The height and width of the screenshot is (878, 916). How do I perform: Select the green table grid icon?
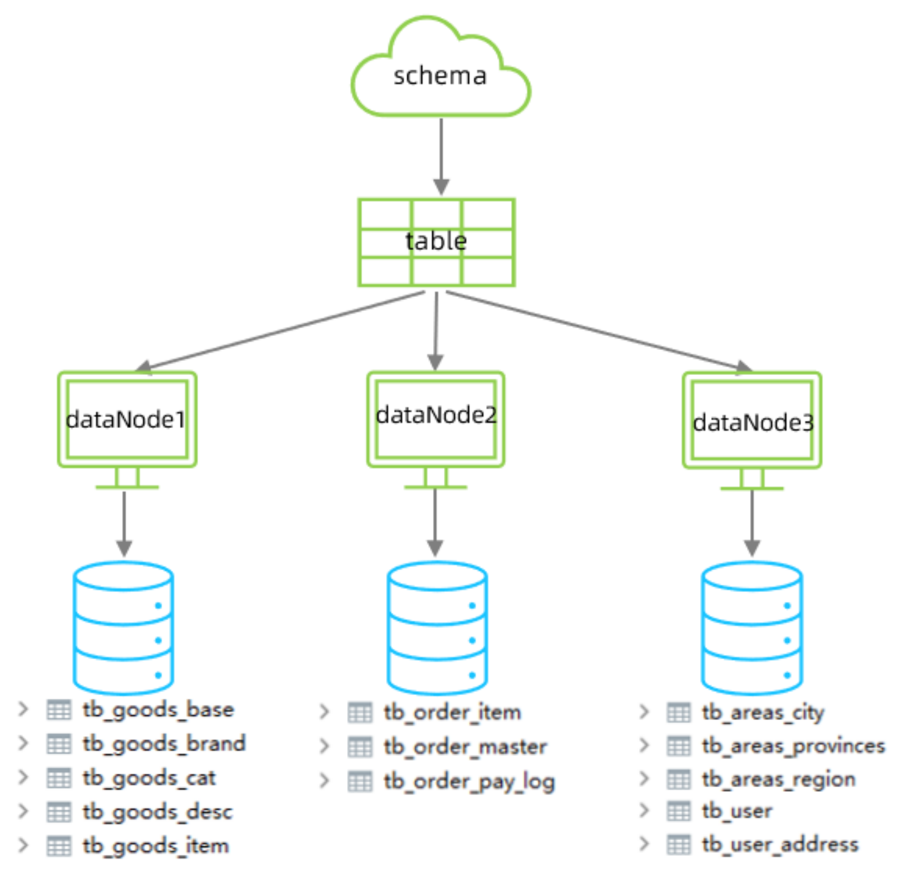437,242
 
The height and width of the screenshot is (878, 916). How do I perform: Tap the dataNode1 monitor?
127,430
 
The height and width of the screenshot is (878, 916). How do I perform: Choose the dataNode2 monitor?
435,429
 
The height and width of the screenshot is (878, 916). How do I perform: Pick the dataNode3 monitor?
752,430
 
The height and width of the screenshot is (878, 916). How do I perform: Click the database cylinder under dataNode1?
123,628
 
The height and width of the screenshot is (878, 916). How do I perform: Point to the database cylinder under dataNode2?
437,628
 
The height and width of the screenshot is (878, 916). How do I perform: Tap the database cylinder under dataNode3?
752,628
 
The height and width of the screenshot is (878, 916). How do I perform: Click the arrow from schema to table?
441,157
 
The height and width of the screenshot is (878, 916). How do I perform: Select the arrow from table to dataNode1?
280,331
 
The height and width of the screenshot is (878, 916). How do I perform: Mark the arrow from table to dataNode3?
599,331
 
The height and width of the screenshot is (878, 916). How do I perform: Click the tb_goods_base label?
159,710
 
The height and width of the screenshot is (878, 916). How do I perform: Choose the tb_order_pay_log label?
470,782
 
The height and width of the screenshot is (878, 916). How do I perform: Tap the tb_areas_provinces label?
793,746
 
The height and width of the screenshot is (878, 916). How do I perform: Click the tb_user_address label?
781,844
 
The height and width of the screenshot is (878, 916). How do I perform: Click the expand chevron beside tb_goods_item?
23,845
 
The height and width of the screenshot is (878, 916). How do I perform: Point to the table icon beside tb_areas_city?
679,712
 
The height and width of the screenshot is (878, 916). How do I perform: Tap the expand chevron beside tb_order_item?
324,712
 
